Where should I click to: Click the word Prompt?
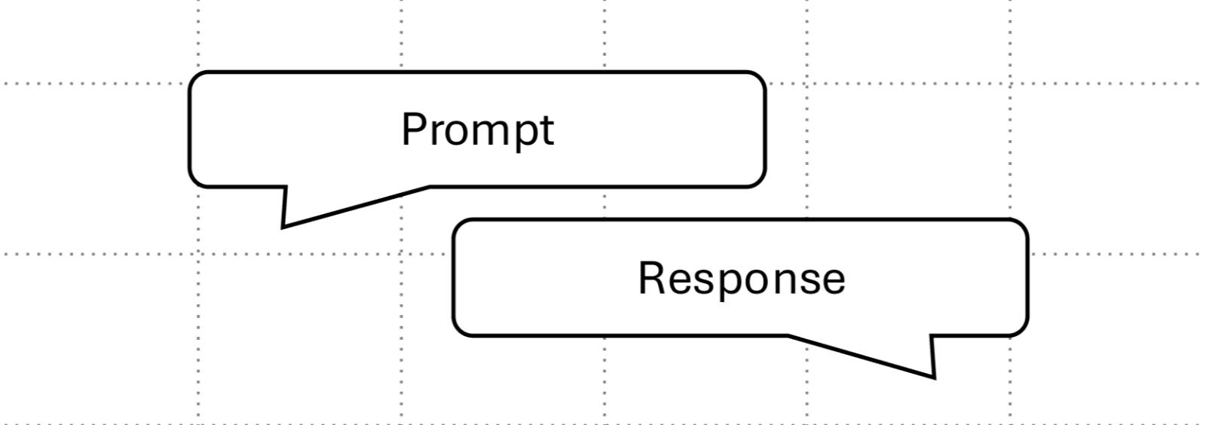click(x=477, y=130)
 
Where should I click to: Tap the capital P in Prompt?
click(x=413, y=129)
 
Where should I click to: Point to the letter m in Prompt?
click(x=488, y=132)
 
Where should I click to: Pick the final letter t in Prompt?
click(x=547, y=130)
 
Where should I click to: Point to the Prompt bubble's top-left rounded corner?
click(x=194, y=78)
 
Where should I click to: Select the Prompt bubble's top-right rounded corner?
click(x=759, y=78)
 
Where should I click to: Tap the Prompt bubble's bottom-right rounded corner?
click(x=759, y=180)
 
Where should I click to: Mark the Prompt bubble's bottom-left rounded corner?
click(x=194, y=180)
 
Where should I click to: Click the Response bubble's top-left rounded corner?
click(x=459, y=226)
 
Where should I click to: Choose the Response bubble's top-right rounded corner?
click(x=1021, y=226)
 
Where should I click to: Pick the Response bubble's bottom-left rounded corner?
click(x=459, y=329)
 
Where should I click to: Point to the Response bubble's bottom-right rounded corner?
click(x=1021, y=329)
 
